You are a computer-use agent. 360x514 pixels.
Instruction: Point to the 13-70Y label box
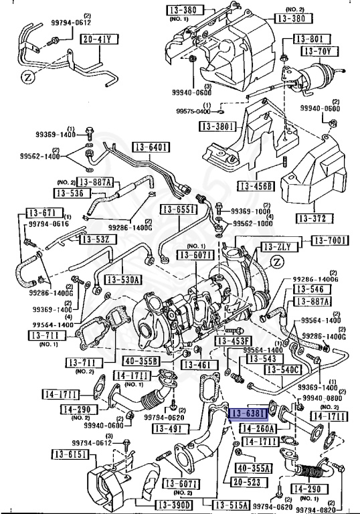317,50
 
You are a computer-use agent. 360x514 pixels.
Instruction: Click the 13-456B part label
255,187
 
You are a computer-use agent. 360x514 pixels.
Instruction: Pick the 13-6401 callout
152,147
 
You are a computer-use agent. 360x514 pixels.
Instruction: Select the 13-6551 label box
177,209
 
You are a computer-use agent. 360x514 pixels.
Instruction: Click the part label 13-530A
122,280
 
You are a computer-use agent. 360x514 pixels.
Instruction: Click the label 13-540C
283,369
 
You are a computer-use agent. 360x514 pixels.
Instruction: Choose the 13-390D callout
173,504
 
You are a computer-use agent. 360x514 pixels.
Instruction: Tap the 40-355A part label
252,467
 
